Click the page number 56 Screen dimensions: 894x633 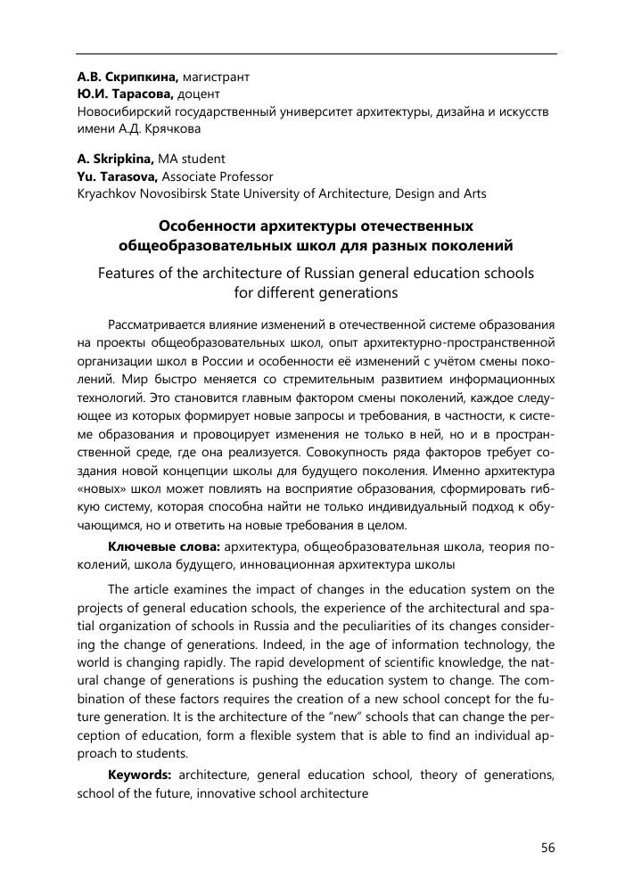click(547, 848)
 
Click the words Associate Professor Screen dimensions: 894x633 click(217, 176)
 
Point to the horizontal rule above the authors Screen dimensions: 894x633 click(316, 54)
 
